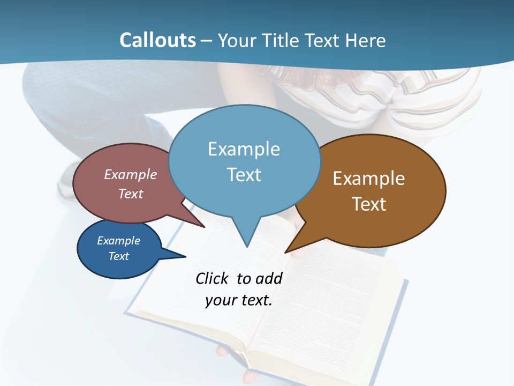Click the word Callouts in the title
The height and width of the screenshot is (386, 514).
pos(158,41)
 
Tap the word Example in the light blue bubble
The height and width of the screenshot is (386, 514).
pos(244,149)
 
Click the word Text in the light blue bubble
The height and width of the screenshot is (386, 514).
pos(244,175)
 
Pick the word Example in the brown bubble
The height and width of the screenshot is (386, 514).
pos(369,179)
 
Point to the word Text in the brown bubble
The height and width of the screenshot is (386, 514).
pos(369,204)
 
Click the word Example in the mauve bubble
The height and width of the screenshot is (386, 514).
pos(131,174)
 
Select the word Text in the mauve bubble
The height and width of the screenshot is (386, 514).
pos(131,194)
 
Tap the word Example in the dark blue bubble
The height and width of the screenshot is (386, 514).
pos(118,241)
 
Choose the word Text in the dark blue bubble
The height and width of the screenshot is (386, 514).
pos(118,256)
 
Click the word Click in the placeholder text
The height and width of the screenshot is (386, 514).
pos(213,278)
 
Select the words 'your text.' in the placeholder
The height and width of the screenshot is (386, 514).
pos(239,300)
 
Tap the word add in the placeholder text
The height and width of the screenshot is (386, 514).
pos(269,278)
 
